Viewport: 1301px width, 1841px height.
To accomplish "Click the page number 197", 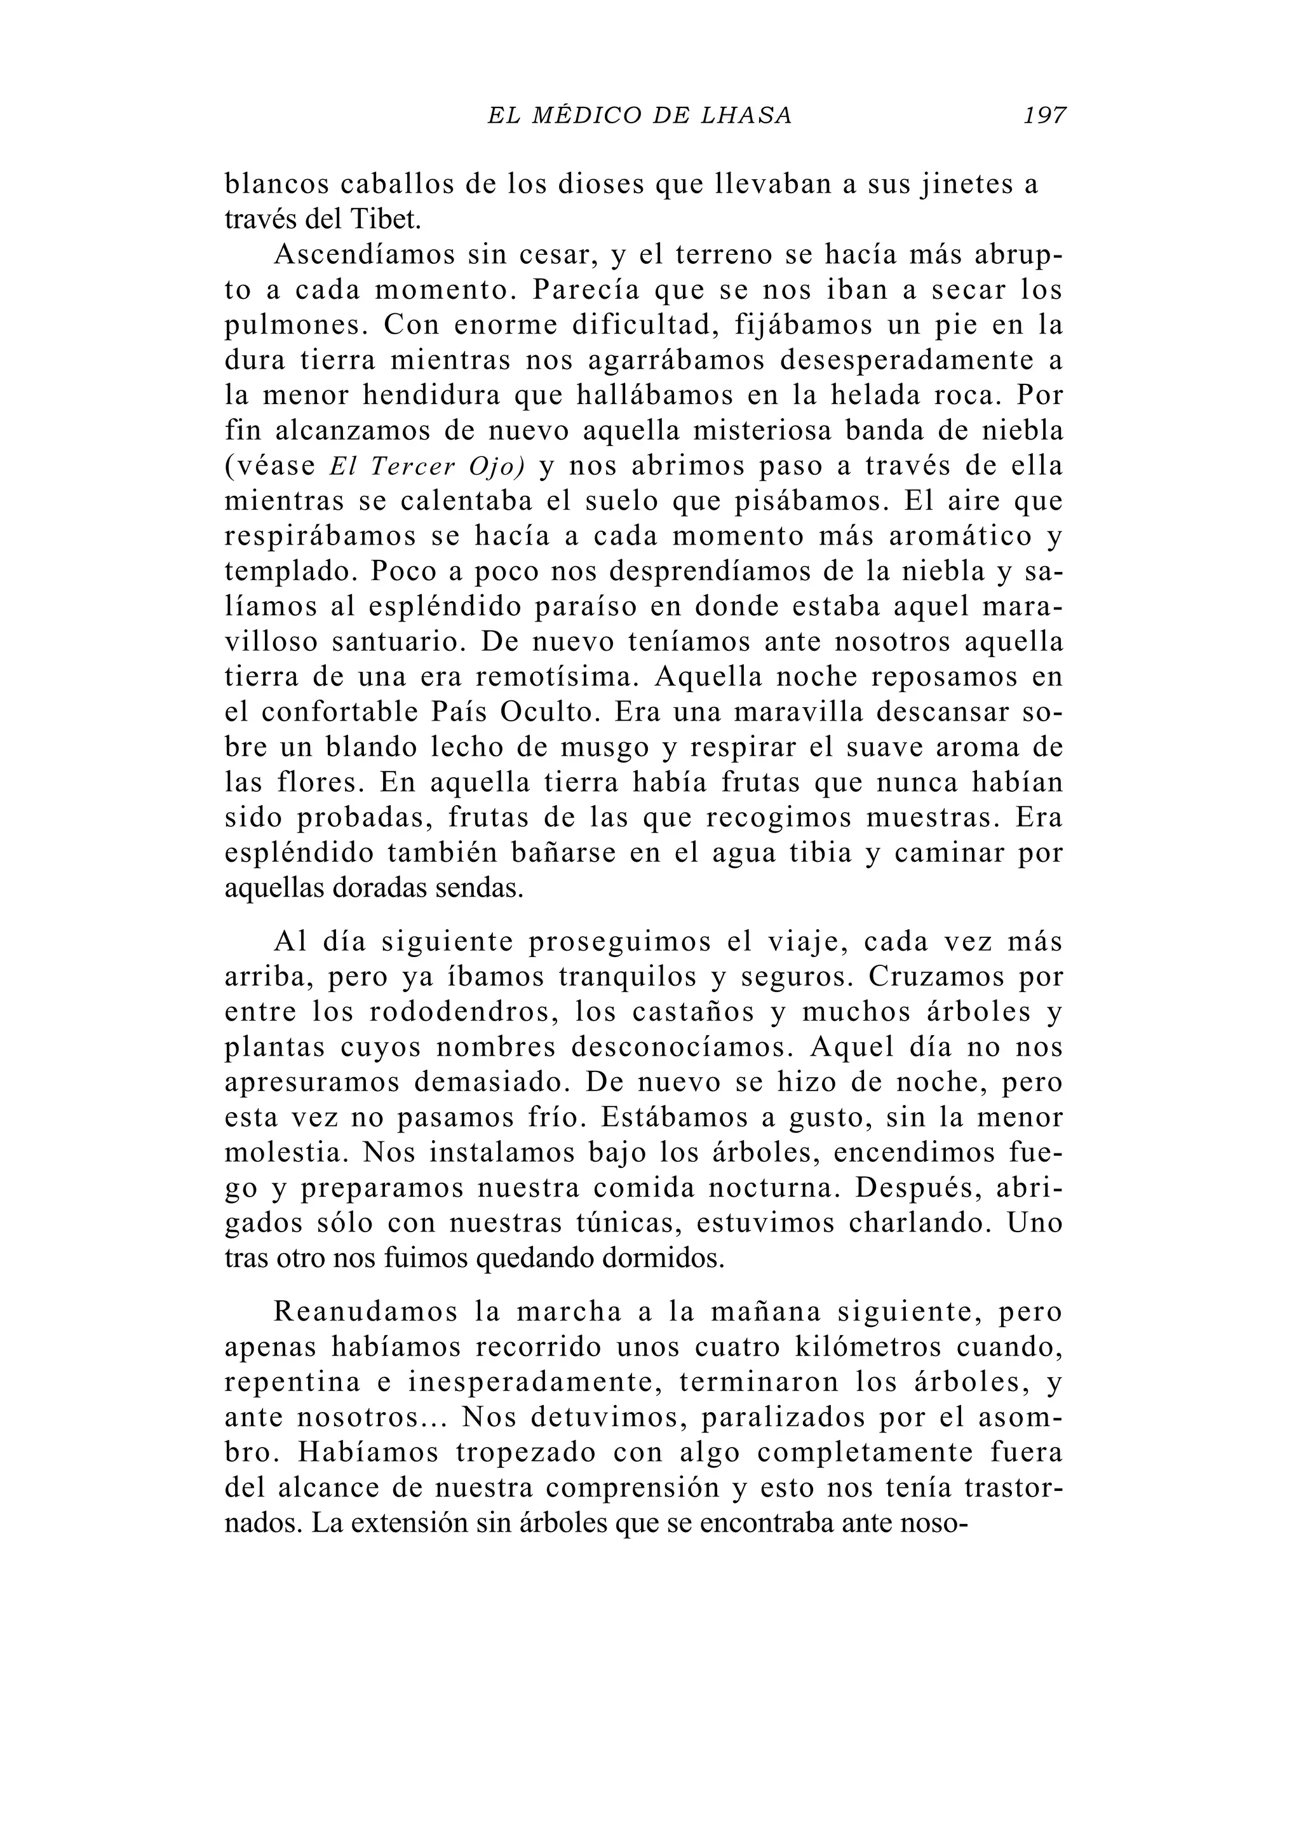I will point(1044,116).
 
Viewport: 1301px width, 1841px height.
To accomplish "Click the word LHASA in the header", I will point(746,116).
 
